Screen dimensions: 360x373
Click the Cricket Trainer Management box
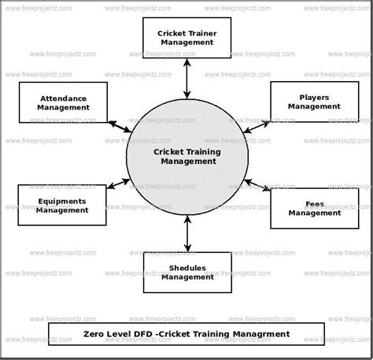[186, 37]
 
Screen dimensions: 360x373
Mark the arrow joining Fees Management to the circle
[257, 186]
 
